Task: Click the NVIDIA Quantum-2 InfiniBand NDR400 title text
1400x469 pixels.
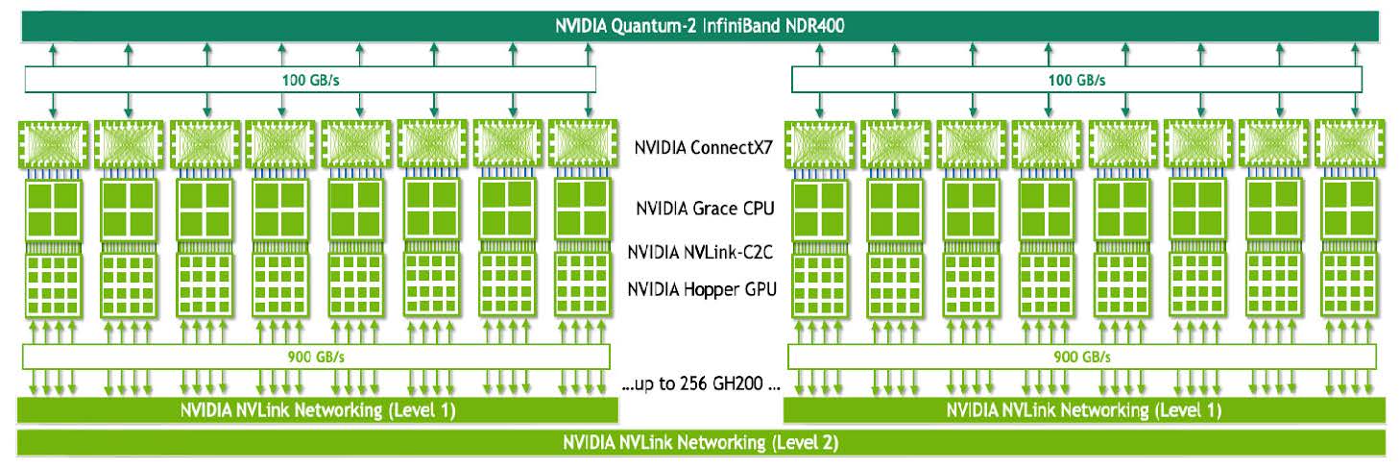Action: pyautogui.click(x=699, y=26)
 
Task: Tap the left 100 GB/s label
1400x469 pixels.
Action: pyautogui.click(x=310, y=80)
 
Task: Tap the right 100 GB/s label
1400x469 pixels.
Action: pyautogui.click(x=1076, y=80)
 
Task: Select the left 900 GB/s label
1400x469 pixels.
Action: pyautogui.click(x=316, y=358)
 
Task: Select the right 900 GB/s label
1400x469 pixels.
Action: pyautogui.click(x=1082, y=358)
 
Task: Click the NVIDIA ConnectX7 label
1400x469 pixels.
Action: pyautogui.click(x=703, y=148)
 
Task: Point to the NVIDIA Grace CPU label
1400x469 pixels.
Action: pyautogui.click(x=705, y=209)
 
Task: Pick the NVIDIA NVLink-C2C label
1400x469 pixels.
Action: pyautogui.click(x=700, y=252)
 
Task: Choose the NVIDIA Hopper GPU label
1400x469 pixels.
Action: pyautogui.click(x=702, y=289)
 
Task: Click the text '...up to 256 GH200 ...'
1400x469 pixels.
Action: pyautogui.click(x=701, y=383)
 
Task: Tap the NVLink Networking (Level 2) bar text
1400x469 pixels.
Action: pyautogui.click(x=700, y=443)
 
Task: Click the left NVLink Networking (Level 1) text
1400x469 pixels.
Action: pyautogui.click(x=318, y=410)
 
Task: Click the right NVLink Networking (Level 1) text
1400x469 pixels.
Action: pyautogui.click(x=1084, y=410)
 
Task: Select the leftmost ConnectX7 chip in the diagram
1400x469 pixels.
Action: pyautogui.click(x=53, y=144)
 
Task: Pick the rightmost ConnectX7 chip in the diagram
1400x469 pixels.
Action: pyautogui.click(x=1349, y=144)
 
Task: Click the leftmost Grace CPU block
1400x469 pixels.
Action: pyautogui.click(x=53, y=210)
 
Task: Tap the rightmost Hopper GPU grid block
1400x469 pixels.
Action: pyautogui.click(x=1349, y=284)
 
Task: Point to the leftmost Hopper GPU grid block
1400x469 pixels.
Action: pyautogui.click(x=53, y=284)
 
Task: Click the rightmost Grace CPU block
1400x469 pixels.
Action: pyautogui.click(x=1349, y=210)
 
